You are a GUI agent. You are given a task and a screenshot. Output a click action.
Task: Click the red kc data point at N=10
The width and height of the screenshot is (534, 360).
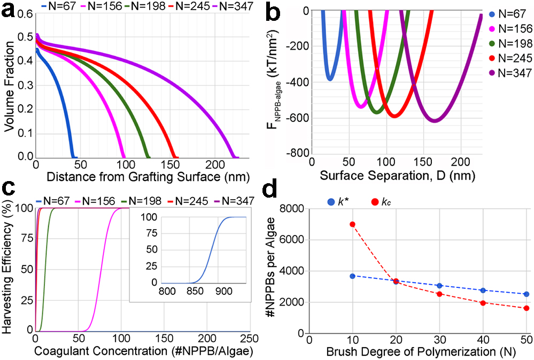352,224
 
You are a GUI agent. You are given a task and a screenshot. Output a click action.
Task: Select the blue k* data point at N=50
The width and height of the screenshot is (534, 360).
527,294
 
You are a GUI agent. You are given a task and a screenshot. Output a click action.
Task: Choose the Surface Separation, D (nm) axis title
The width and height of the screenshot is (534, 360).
397,175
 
